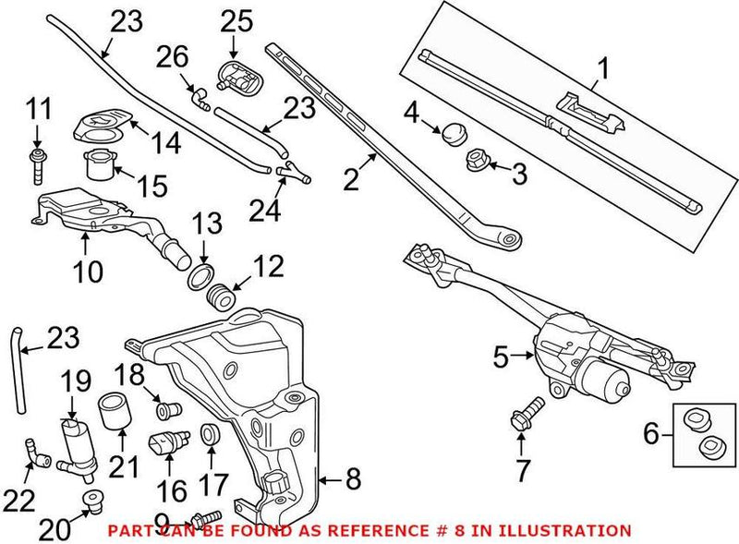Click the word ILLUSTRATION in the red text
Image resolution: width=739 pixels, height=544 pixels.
click(x=567, y=531)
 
